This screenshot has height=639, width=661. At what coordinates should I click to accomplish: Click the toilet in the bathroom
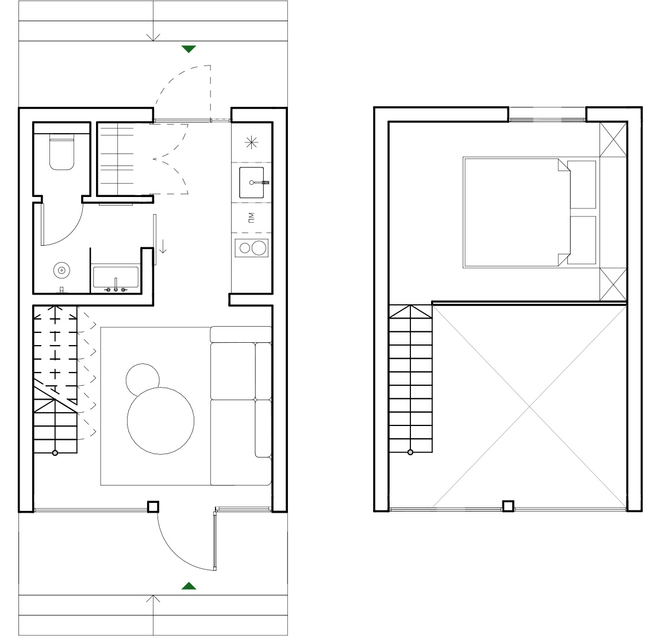tap(62, 152)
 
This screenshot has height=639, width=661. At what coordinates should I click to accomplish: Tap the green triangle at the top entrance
tap(189, 49)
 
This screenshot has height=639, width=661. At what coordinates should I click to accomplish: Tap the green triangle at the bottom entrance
tap(189, 586)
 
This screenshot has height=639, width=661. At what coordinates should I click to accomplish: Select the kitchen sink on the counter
tap(252, 182)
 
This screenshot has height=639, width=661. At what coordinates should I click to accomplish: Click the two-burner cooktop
tap(252, 248)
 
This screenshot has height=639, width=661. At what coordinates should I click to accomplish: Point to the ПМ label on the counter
tap(251, 218)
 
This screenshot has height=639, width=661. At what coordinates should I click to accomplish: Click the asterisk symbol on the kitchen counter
tap(252, 143)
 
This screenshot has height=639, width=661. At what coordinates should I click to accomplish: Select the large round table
tap(160, 420)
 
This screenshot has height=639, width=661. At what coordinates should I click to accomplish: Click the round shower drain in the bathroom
tap(62, 270)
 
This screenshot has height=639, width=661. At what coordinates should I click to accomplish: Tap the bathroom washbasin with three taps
tap(116, 278)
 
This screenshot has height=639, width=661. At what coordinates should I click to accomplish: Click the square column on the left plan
tap(153, 506)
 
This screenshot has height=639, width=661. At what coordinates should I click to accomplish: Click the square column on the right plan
tap(509, 506)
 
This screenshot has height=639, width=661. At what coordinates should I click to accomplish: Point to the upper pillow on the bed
tap(582, 184)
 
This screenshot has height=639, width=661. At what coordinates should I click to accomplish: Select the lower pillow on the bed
tap(582, 240)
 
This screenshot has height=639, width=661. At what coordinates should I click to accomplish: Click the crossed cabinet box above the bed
tap(613, 140)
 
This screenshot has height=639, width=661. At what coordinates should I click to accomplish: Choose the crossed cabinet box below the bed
tap(613, 285)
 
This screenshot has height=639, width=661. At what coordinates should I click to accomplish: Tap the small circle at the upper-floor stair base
tap(410, 452)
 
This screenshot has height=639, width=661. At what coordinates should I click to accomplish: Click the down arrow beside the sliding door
tap(163, 246)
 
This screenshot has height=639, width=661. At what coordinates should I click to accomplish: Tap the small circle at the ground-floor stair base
tap(55, 453)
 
